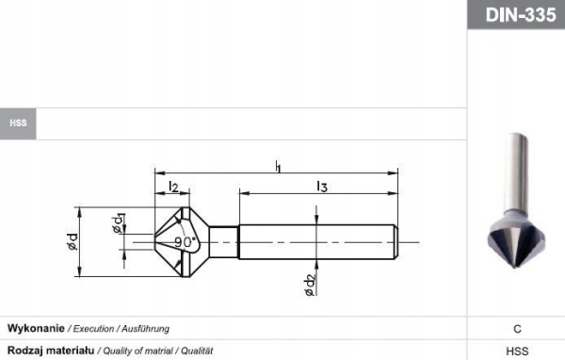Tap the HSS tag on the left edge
(x=18, y=123)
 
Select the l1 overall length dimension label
(x=278, y=166)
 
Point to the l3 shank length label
(x=321, y=187)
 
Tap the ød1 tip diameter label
(x=118, y=223)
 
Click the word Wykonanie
(x=36, y=328)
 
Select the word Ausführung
(x=144, y=328)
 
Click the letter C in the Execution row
(x=517, y=329)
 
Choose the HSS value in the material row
(x=517, y=350)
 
